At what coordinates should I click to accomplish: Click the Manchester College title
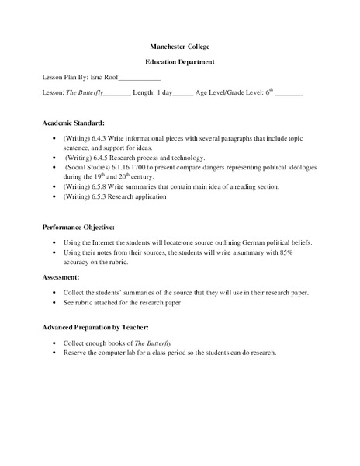[x=179, y=47]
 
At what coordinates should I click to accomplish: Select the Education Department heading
[x=179, y=61]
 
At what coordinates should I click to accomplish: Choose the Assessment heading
[x=62, y=276]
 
